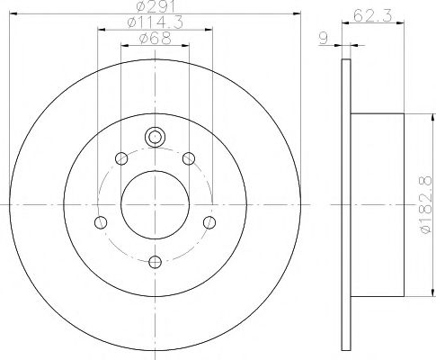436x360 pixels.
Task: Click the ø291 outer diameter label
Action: click(155, 9)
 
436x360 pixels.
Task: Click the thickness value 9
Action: click(322, 38)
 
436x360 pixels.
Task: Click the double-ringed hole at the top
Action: click(155, 138)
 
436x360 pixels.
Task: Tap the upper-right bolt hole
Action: click(189, 159)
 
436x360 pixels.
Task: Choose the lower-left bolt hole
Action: click(101, 222)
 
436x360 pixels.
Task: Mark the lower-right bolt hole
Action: click(209, 222)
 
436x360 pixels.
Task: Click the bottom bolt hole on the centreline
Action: click(155, 262)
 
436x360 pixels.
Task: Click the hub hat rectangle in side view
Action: click(378, 205)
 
